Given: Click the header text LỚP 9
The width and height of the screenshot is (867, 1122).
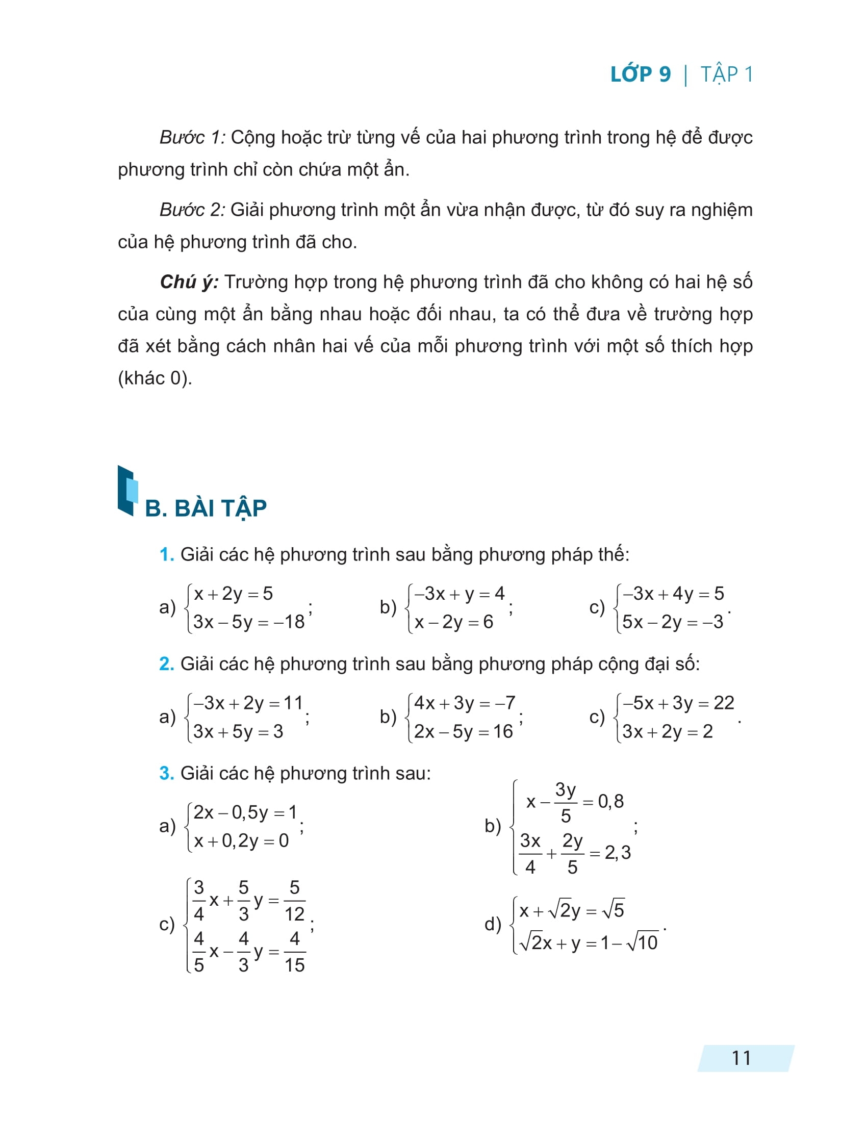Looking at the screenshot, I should [x=640, y=74].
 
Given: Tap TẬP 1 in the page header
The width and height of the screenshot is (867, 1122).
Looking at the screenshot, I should [x=726, y=74].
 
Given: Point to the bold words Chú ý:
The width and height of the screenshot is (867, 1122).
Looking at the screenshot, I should [x=189, y=282].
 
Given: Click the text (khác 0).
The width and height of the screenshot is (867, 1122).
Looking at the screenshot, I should [x=155, y=378].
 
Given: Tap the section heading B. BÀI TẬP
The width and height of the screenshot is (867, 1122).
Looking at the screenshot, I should [x=206, y=508].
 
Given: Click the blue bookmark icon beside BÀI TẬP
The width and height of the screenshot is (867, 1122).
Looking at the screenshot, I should [x=127, y=491].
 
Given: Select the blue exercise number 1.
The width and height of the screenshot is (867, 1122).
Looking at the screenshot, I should [x=166, y=554].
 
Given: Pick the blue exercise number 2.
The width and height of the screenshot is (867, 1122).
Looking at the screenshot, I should [x=166, y=664].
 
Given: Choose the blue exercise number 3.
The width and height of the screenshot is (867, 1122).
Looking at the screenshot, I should [x=166, y=773].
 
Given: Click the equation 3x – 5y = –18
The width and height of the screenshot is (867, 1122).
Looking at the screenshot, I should [x=248, y=622].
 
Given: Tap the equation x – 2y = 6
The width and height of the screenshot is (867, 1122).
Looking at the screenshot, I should [x=453, y=622].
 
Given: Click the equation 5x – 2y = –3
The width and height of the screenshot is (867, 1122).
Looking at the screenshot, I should [x=672, y=622].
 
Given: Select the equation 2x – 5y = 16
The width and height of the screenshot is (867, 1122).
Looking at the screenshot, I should [x=463, y=731].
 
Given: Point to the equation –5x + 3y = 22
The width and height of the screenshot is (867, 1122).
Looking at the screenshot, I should [x=678, y=703].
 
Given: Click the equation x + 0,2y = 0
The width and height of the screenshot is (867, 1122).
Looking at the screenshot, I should [x=241, y=841].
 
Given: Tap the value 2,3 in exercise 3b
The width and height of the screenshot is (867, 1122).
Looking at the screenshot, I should [x=618, y=853].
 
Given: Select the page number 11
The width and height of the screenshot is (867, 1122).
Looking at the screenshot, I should [x=741, y=1058].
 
